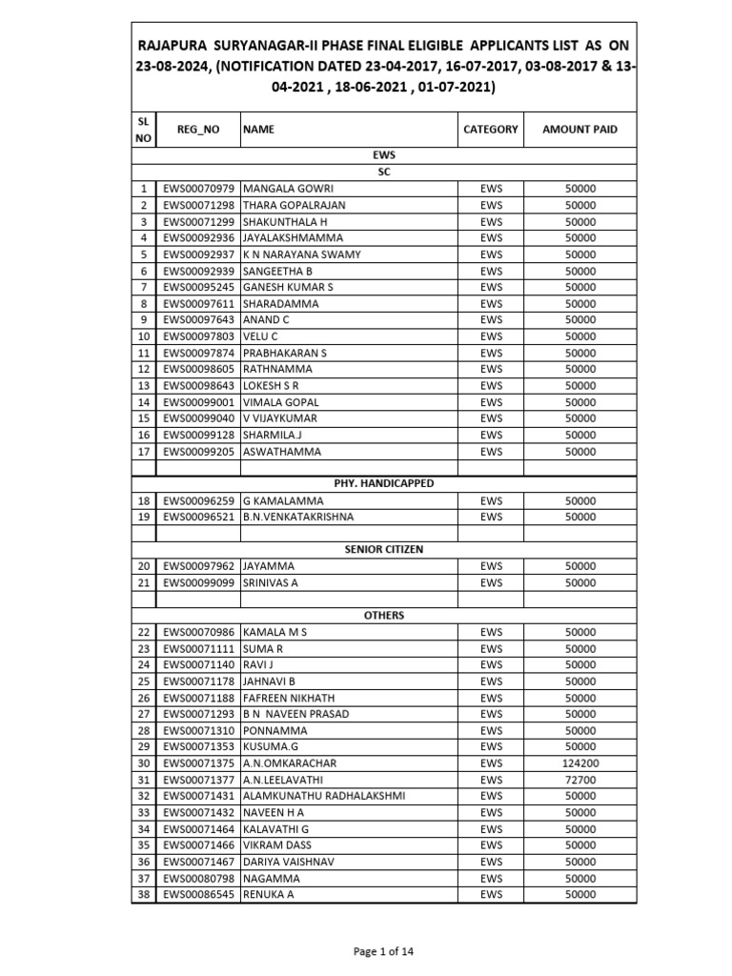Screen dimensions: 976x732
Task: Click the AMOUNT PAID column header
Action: [579, 129]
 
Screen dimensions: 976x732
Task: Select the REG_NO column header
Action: [198, 129]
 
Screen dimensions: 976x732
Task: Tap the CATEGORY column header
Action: [491, 129]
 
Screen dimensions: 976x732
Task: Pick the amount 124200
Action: [579, 763]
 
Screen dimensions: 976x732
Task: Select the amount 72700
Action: [579, 780]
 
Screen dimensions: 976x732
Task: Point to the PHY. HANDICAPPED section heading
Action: [383, 483]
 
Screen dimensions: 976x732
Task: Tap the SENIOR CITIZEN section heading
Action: [383, 550]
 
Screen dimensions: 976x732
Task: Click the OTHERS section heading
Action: [383, 616]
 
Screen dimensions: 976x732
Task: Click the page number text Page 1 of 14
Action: [383, 950]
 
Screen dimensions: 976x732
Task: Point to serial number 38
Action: [143, 894]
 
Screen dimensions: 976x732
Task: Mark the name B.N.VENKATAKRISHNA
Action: [298, 517]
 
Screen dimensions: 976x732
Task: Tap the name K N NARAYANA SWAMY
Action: [301, 254]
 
